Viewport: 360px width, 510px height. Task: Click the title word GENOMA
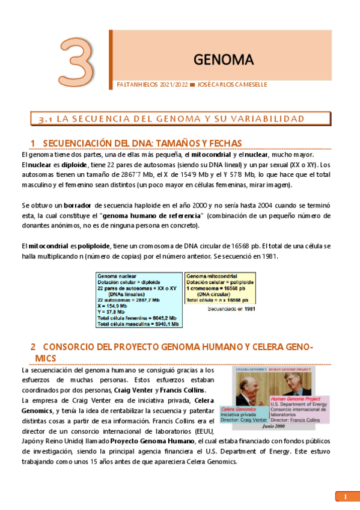click(x=224, y=59)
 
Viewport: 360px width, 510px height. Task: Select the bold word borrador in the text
click(x=78, y=205)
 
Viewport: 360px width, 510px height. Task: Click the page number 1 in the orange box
click(x=346, y=497)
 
